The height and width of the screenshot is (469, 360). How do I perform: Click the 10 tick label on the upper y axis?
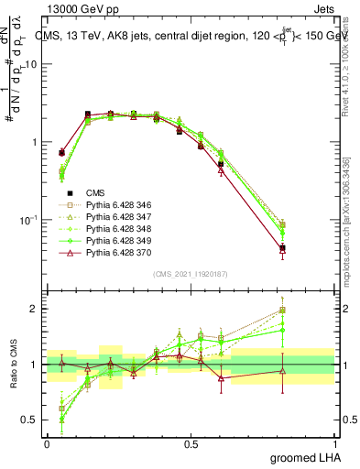[x=31, y=64]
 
